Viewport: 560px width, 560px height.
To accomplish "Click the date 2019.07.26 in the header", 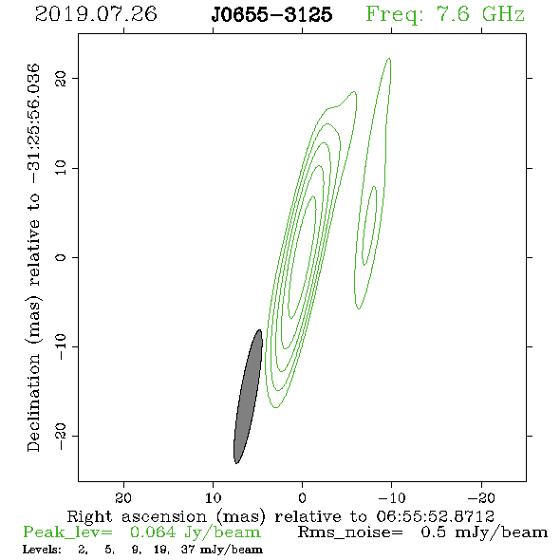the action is click(x=96, y=14).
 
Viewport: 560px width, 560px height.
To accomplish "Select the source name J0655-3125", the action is click(x=271, y=15).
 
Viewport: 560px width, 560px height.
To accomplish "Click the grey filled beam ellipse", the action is click(x=249, y=397).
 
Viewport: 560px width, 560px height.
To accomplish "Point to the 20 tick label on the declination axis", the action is click(x=61, y=79).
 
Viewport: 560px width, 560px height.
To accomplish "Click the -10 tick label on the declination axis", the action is click(x=61, y=346).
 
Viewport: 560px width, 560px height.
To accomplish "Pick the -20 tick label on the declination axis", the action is click(x=61, y=436).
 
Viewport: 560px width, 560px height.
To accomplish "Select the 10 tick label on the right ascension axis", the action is click(x=214, y=497).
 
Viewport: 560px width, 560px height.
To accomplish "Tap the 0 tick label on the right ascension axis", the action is click(x=302, y=497).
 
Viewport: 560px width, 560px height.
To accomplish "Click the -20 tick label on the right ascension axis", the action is click(x=481, y=497).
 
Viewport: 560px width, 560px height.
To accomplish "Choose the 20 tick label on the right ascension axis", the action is click(x=123, y=497).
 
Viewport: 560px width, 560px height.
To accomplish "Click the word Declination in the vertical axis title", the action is click(x=33, y=402).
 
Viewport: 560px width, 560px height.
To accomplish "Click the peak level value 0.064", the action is click(x=153, y=532).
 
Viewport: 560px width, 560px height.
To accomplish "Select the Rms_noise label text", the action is click(x=350, y=532).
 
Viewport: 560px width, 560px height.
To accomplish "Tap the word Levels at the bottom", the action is click(x=42, y=549).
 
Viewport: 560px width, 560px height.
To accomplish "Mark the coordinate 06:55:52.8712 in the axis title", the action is click(x=436, y=516).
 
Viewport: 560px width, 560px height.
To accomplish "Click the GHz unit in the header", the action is click(x=503, y=14).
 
